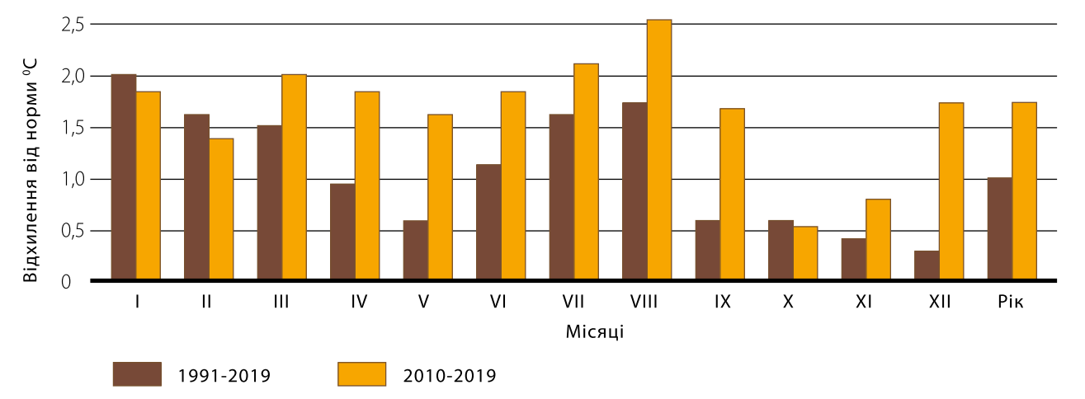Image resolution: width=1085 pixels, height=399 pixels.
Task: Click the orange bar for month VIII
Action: (659, 150)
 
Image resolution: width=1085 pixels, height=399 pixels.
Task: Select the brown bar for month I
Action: (124, 177)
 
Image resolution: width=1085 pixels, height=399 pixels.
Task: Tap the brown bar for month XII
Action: (927, 265)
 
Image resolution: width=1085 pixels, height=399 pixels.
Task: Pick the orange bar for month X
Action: (805, 253)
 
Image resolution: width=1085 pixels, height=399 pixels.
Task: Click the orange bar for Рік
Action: (1024, 191)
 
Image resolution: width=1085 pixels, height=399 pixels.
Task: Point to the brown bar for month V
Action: (416, 251)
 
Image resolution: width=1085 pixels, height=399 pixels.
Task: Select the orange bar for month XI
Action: (878, 240)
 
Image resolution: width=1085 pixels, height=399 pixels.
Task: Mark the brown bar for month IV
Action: (342, 232)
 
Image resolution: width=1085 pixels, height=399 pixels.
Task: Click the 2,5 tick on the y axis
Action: (73, 25)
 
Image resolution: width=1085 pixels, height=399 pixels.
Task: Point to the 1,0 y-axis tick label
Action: (73, 179)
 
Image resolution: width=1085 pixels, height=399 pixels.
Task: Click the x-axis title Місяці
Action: (594, 331)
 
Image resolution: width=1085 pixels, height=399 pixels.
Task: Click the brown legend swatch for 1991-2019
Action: (138, 374)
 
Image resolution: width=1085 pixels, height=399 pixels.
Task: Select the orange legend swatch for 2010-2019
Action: (362, 374)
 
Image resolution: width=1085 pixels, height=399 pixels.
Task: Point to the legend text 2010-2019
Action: (450, 376)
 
